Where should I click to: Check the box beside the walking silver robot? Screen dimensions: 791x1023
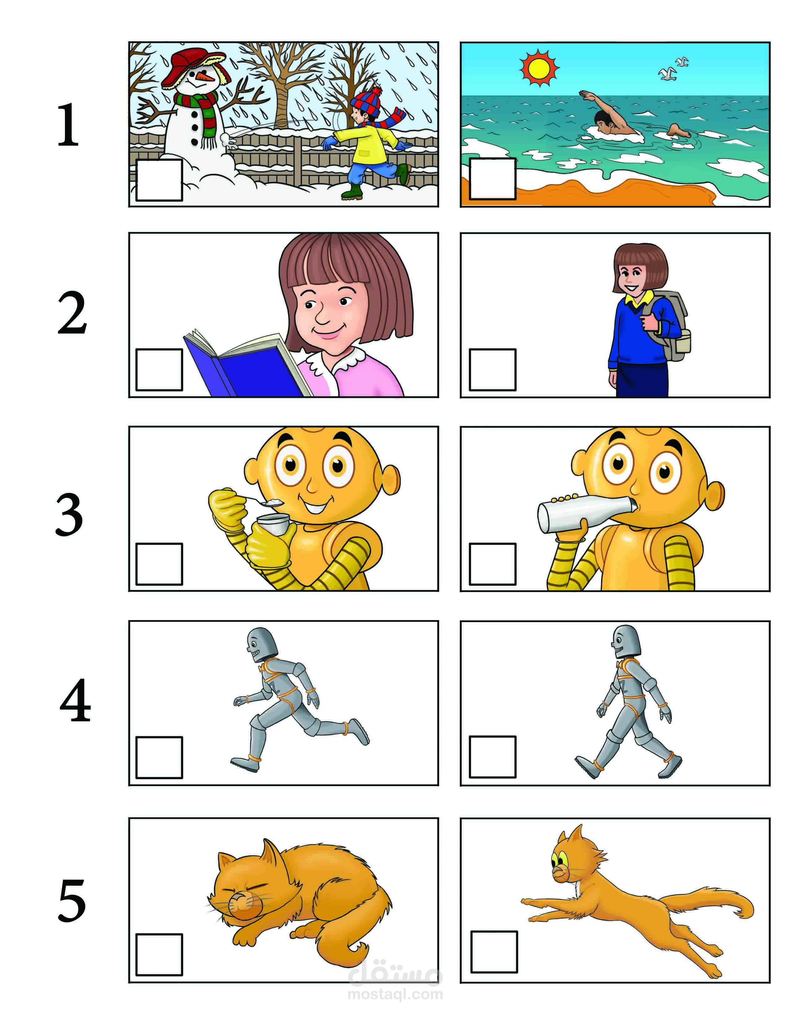point(493,757)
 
